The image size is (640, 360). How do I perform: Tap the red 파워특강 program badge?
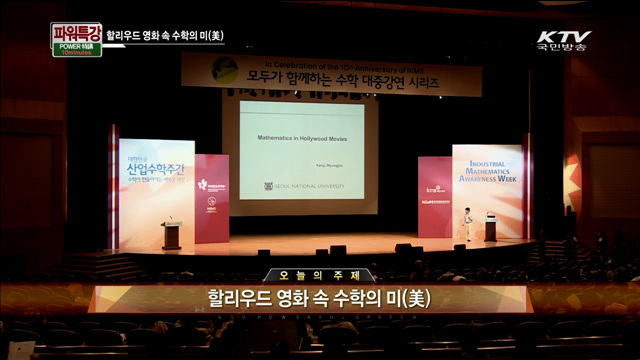click(76, 33)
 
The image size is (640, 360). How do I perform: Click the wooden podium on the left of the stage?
click(171, 236)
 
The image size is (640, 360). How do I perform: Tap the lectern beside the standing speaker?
click(490, 230)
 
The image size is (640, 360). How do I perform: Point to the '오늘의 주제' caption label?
click(319, 275)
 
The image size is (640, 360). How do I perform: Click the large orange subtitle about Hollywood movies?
click(319, 297)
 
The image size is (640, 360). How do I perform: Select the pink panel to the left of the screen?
click(212, 198)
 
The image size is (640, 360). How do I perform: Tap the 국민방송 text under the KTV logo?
click(562, 46)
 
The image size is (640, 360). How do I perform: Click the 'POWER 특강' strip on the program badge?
click(75, 46)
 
